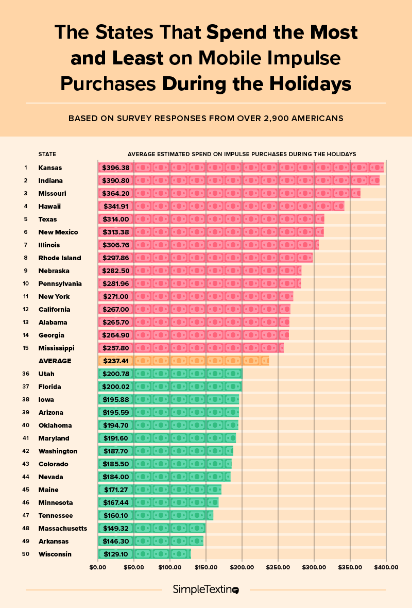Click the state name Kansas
click(x=50, y=167)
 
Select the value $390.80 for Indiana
click(x=115, y=180)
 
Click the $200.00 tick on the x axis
click(x=242, y=567)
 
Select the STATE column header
click(x=47, y=154)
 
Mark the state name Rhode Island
click(x=60, y=258)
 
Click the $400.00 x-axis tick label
click(x=386, y=567)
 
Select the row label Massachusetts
click(x=63, y=528)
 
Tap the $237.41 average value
click(x=115, y=361)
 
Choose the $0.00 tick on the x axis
click(x=98, y=567)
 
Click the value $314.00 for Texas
click(x=115, y=219)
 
